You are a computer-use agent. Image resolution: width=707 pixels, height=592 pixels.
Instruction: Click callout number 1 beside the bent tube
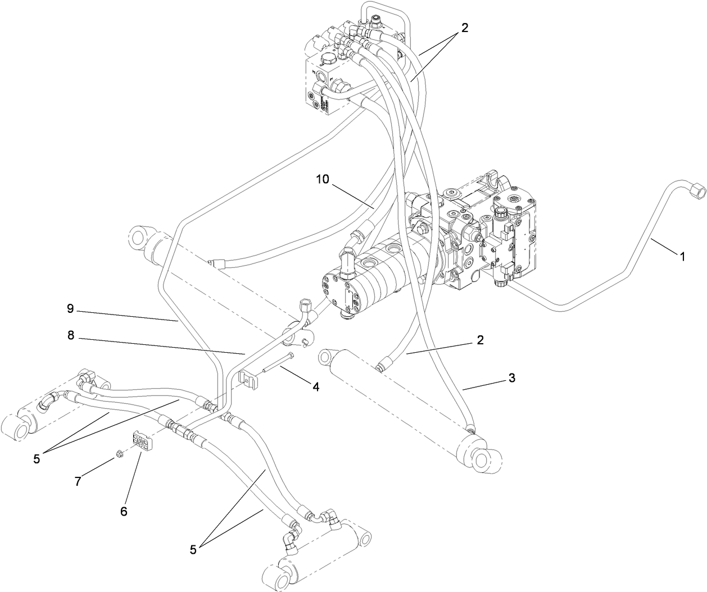click(682, 257)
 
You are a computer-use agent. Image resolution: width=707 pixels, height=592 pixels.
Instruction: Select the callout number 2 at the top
click(464, 28)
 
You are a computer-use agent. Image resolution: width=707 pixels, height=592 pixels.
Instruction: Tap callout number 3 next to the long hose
click(511, 379)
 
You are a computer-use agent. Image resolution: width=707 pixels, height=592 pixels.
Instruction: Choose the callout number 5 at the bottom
click(193, 550)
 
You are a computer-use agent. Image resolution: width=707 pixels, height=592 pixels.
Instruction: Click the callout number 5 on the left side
click(37, 458)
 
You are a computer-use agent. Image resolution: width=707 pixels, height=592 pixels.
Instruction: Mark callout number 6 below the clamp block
click(124, 511)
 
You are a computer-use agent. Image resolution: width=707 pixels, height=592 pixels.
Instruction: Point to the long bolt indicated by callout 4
click(278, 362)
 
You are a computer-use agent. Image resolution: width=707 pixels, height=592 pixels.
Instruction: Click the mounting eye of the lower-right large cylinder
click(482, 460)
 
